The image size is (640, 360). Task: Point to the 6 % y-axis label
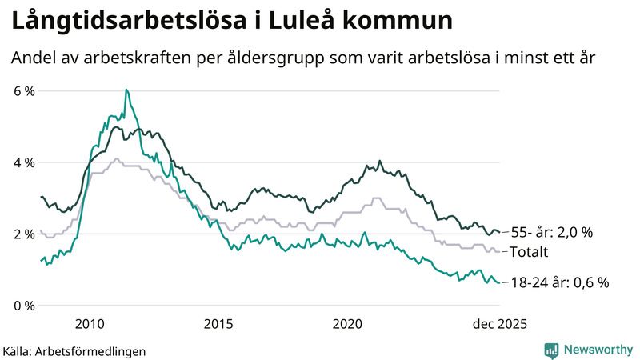(25, 91)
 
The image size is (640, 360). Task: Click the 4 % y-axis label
(25, 162)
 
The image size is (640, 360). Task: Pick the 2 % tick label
(25, 234)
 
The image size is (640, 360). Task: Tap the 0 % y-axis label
(25, 306)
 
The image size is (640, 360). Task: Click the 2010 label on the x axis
(90, 323)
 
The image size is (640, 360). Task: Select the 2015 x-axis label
(218, 323)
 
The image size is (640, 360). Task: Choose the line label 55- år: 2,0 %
(551, 233)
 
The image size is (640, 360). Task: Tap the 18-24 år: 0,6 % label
(559, 282)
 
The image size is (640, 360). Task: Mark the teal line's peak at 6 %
(126, 90)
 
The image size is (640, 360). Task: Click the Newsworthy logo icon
(551, 350)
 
